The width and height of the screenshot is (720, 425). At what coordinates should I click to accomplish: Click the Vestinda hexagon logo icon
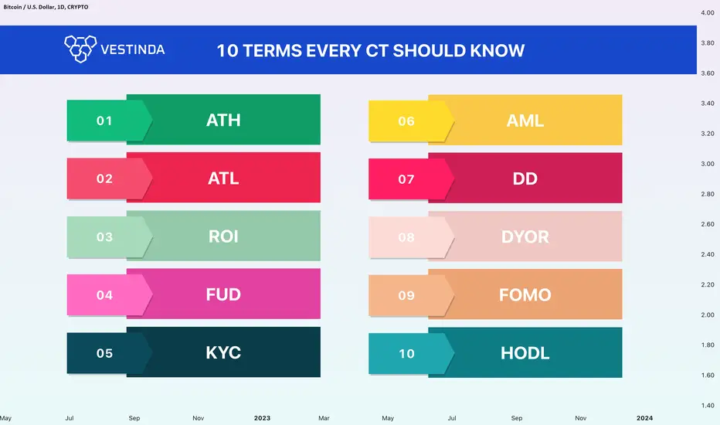click(x=80, y=49)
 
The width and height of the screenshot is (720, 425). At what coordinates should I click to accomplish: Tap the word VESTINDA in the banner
click(x=132, y=49)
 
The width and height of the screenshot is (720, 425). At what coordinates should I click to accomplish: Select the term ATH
click(x=223, y=120)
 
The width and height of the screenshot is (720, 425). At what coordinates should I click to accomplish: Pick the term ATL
click(x=223, y=178)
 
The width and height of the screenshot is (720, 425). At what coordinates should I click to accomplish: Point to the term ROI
click(x=223, y=236)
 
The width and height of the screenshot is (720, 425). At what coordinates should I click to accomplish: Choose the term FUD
click(x=223, y=294)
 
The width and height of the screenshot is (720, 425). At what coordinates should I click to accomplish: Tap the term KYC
click(x=223, y=353)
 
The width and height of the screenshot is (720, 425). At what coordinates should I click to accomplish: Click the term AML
click(x=525, y=121)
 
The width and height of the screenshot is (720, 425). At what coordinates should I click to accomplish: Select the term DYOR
click(x=525, y=236)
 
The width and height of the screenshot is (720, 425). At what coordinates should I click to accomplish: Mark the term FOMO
click(x=525, y=295)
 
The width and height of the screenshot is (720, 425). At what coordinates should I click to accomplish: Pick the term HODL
click(x=525, y=353)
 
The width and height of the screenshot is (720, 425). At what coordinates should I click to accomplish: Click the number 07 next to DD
click(x=406, y=179)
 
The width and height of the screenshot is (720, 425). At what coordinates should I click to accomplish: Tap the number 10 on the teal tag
click(x=406, y=354)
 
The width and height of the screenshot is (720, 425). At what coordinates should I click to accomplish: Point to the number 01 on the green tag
click(x=104, y=121)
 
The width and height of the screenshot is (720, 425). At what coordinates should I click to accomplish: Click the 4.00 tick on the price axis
click(x=707, y=13)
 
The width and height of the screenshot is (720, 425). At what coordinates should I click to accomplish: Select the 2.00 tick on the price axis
click(x=707, y=314)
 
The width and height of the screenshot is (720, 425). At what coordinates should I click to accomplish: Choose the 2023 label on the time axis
click(x=262, y=418)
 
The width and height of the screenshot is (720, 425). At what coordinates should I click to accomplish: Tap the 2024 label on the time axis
click(x=644, y=418)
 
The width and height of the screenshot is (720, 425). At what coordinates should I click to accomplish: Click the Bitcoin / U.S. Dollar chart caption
click(x=46, y=7)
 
